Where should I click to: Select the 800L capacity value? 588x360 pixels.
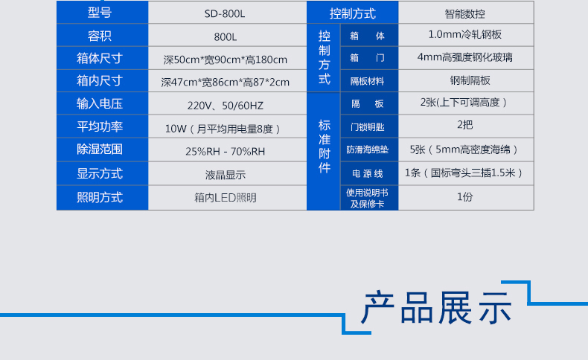coord(226,37)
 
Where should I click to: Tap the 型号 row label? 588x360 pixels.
coord(100,13)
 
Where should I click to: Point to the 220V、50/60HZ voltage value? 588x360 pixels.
coord(226,106)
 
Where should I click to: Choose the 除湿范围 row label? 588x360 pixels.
coord(100,149)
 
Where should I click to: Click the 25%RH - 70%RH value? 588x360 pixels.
coord(226,151)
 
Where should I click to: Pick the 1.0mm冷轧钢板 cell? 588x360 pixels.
coord(465,34)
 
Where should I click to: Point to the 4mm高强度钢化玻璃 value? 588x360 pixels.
coord(465,57)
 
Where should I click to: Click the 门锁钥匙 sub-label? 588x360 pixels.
coord(368,127)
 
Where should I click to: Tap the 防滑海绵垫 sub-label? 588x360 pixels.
coord(368,150)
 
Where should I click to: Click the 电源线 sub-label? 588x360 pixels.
coord(368,173)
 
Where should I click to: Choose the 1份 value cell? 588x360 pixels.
coord(465,196)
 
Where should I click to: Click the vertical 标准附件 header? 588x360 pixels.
coord(325,147)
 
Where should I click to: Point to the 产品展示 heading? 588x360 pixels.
coord(437,308)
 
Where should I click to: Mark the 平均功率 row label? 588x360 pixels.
coord(100,126)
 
